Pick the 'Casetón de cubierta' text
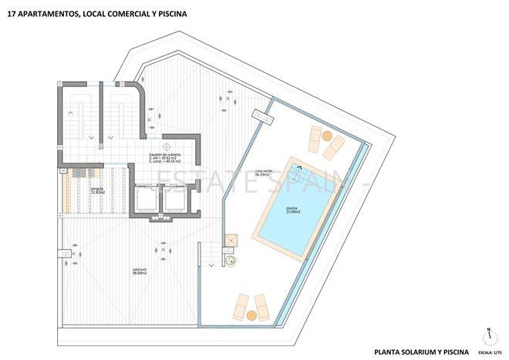(x=165, y=153)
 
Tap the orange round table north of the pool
(x=327, y=136)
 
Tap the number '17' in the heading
(x=10, y=13)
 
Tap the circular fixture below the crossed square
(x=231, y=259)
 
